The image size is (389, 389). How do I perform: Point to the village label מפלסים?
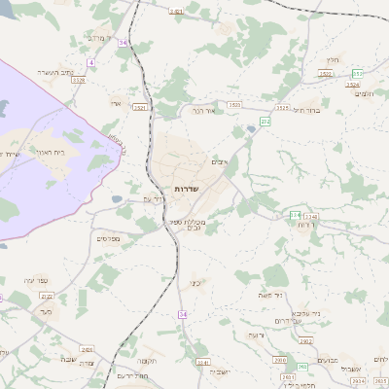pos(107,237)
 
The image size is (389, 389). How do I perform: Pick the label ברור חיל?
pos(306,111)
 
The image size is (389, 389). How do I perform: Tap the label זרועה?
pos(255,335)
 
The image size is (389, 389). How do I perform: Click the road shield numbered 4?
pos(90,62)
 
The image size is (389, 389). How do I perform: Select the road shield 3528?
pos(78,80)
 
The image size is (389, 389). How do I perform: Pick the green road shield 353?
pos(357,74)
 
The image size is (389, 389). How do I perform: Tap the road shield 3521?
pos(142,107)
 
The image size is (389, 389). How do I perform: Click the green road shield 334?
pos(295,214)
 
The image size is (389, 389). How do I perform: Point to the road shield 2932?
pos(303,341)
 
